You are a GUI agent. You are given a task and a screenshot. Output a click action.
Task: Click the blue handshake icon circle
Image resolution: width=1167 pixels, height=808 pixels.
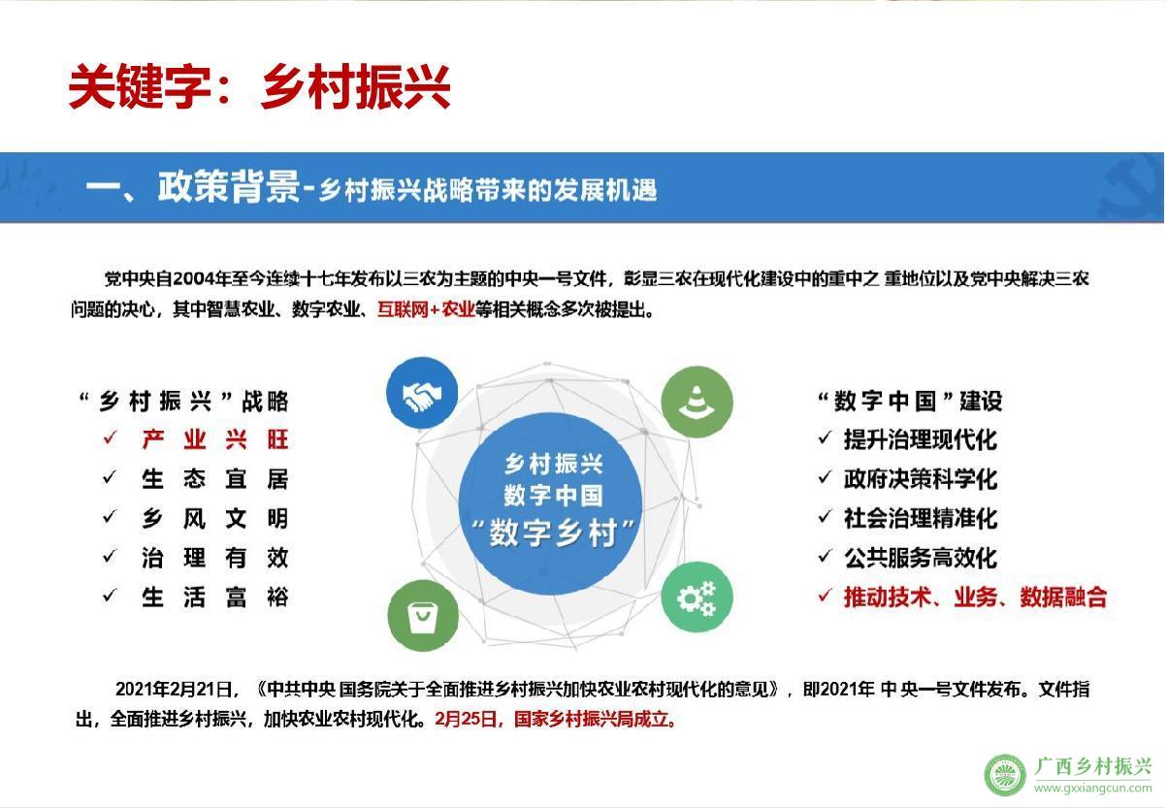click(422, 393)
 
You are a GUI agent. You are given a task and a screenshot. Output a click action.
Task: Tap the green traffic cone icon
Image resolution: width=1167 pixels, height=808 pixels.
click(697, 402)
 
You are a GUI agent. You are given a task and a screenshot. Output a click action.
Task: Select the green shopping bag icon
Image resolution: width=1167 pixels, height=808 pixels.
click(423, 616)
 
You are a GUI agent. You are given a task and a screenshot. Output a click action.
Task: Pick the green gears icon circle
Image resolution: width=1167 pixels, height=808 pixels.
click(697, 597)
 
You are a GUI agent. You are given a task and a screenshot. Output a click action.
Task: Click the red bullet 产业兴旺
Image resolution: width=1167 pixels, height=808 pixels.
click(214, 439)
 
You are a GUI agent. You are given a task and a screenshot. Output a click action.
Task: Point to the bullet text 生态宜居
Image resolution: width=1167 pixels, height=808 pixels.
click(214, 479)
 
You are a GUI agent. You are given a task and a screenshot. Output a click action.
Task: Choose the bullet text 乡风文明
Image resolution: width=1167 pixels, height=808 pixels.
click(214, 518)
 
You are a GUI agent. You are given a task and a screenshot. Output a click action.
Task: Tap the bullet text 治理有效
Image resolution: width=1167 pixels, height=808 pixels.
click(214, 558)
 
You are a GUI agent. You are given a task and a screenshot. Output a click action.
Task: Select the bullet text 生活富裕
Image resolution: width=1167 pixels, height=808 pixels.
click(214, 597)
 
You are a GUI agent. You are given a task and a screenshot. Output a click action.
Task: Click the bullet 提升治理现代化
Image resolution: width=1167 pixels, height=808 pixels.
click(921, 439)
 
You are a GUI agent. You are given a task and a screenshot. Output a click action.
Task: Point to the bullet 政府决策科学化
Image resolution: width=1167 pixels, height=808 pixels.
click(921, 479)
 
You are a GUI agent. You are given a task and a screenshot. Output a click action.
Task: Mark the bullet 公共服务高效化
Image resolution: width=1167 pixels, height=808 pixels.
click(921, 558)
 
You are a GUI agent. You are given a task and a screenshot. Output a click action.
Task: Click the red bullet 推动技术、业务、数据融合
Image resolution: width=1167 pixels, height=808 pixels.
click(975, 597)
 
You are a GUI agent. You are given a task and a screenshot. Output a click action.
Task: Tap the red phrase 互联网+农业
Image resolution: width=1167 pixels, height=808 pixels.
click(426, 309)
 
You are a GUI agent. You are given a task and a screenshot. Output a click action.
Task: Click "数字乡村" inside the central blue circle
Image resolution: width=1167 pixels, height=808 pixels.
click(553, 533)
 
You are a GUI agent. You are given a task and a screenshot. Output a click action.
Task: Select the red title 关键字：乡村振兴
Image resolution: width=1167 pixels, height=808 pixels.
click(259, 86)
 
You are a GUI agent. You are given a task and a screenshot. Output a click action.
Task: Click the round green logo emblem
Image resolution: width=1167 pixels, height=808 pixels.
click(1004, 775)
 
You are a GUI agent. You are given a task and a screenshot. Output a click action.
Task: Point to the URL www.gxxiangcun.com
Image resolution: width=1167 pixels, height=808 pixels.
click(1092, 789)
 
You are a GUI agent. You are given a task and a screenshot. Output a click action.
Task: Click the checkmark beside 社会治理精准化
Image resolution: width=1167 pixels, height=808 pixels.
click(825, 517)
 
